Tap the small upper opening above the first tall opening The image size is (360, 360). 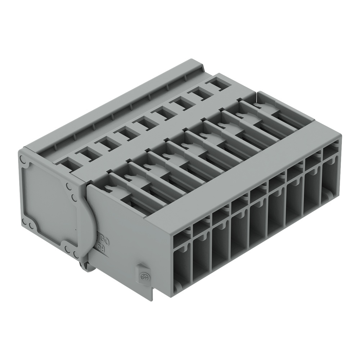point(182,238)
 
